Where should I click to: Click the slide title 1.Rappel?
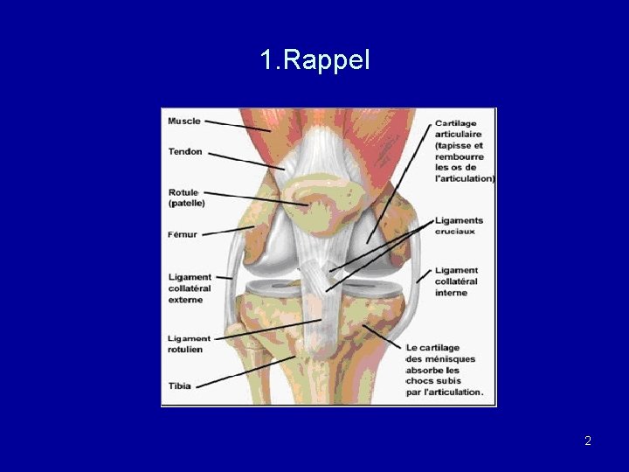tap(314, 60)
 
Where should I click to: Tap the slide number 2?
tap(588, 441)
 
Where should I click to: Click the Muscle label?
tap(184, 121)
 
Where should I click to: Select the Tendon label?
tap(185, 151)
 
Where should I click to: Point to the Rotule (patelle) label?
tap(187, 198)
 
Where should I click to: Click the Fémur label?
tap(183, 234)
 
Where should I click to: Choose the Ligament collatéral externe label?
tap(190, 288)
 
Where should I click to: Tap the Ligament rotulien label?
tap(190, 344)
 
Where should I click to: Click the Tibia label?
tap(180, 385)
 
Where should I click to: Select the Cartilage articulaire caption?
tap(464, 151)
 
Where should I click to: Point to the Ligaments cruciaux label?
tap(459, 226)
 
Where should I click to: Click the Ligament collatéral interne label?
tap(456, 281)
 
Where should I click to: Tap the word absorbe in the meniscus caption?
tap(424, 370)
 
